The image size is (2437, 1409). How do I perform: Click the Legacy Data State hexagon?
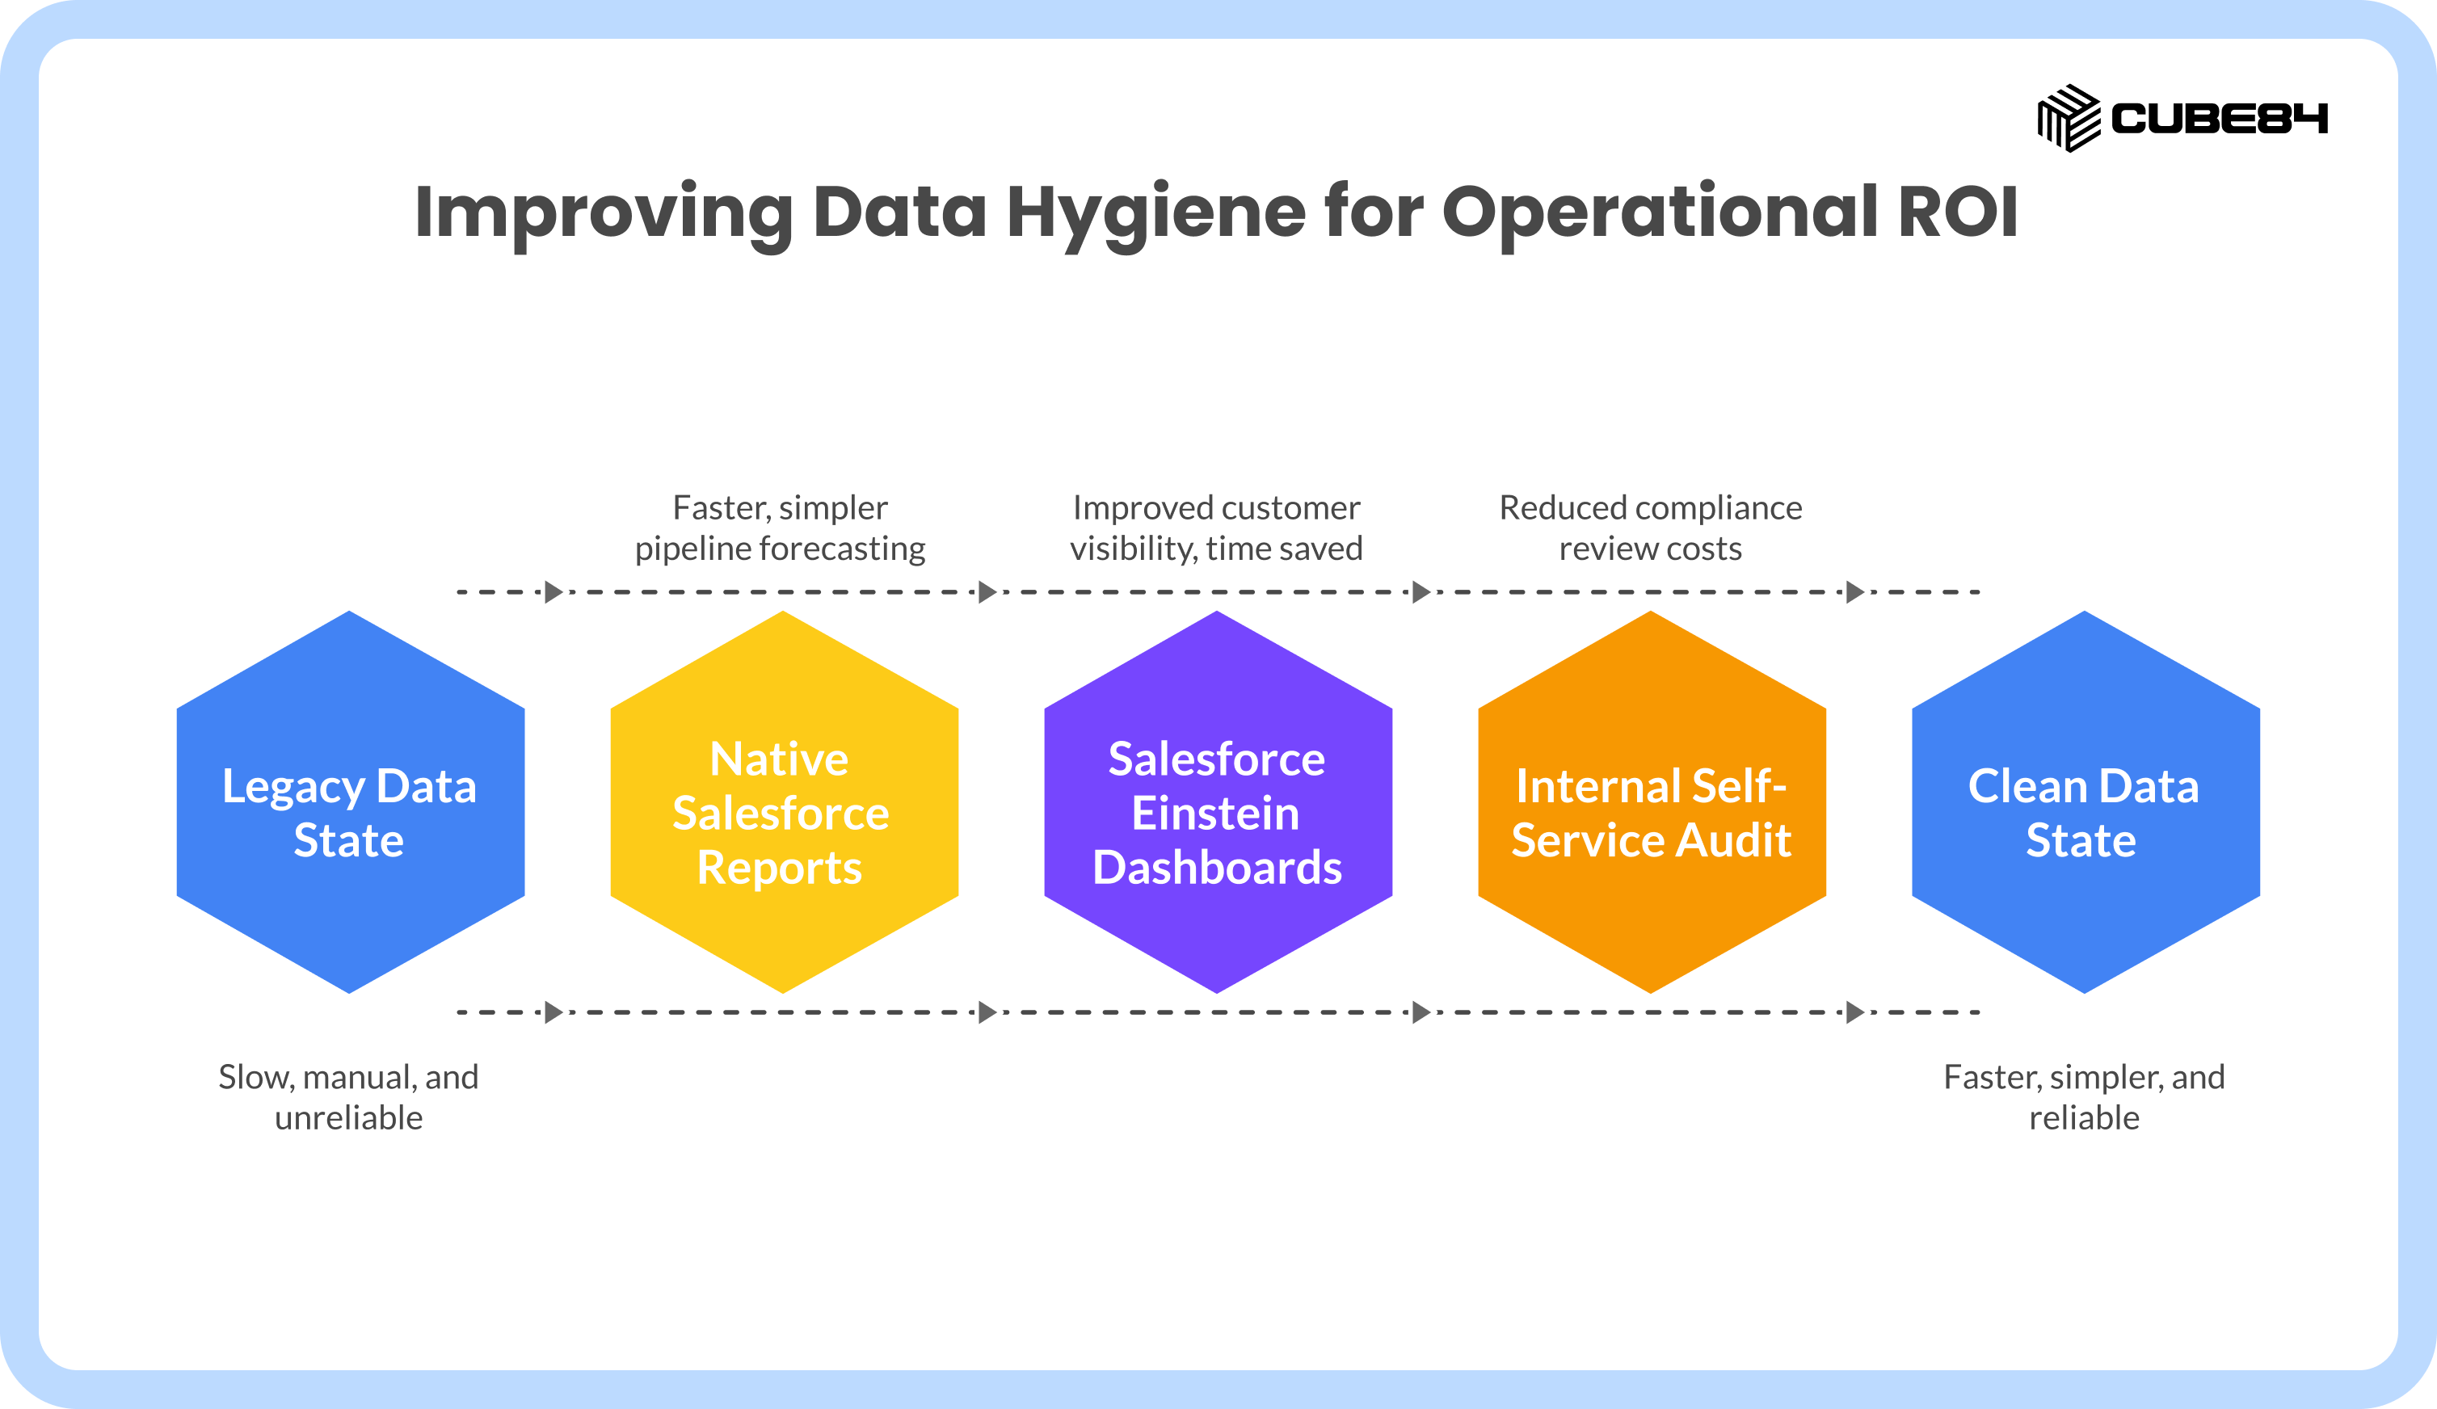[x=350, y=801]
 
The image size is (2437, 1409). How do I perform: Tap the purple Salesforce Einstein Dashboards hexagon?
[x=1218, y=801]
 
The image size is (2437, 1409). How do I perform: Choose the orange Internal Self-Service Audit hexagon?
[x=1652, y=801]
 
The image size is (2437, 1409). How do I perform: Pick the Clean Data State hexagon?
[x=2086, y=801]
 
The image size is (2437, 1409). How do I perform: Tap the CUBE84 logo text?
[x=2220, y=118]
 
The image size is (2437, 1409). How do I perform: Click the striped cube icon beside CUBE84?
[x=2069, y=118]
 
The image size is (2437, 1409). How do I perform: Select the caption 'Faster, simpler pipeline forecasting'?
[x=780, y=528]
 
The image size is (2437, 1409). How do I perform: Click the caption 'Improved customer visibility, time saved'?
[x=1217, y=528]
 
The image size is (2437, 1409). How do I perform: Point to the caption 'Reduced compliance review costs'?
[x=1651, y=528]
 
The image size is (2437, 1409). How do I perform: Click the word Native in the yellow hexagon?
[x=780, y=759]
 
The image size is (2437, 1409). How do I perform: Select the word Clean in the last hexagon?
[x=2027, y=785]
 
